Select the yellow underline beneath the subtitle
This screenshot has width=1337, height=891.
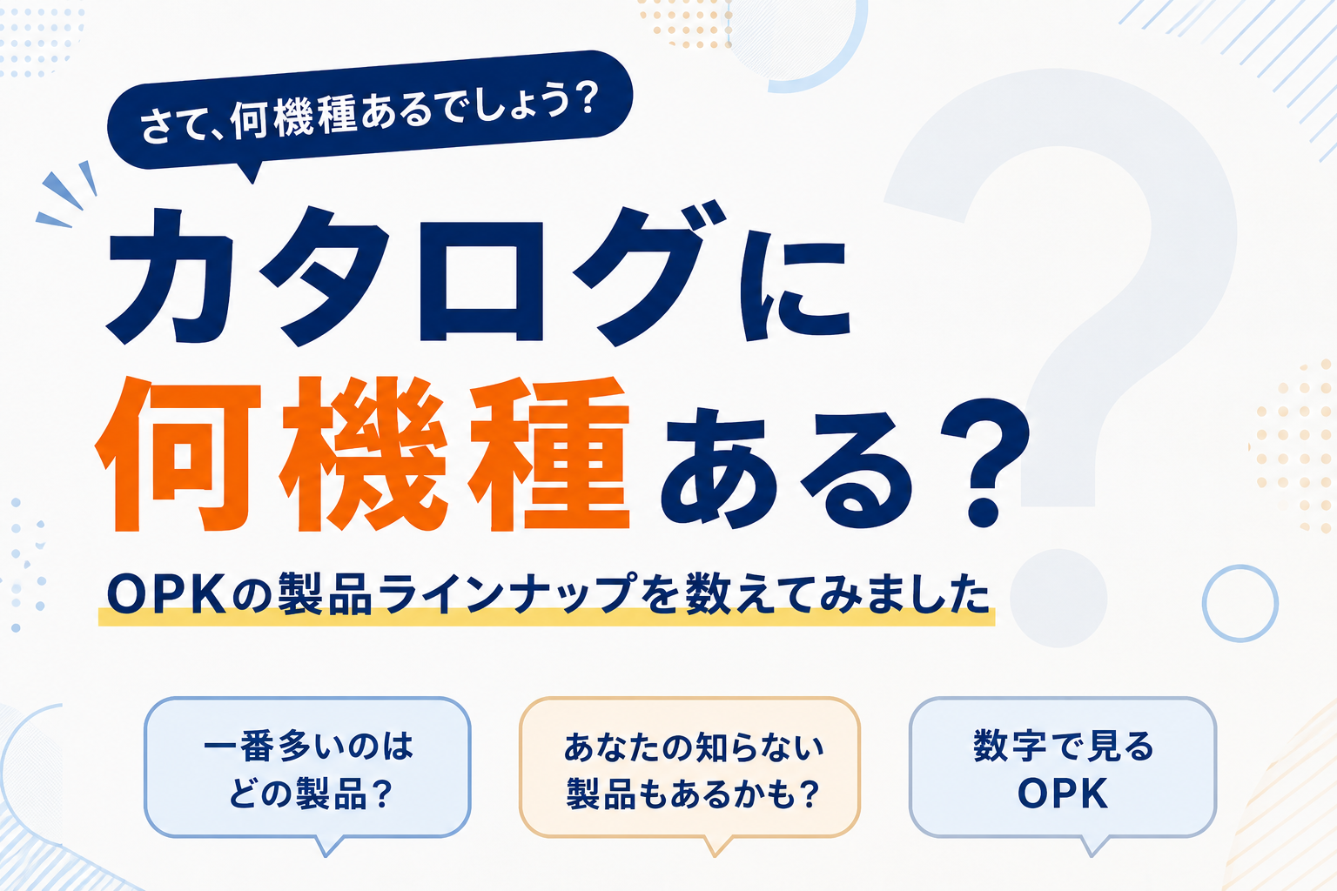coord(546,617)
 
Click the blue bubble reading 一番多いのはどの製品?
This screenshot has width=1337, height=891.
coord(307,770)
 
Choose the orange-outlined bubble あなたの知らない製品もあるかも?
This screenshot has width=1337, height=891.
coord(689,770)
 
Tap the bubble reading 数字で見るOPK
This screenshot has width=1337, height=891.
coord(1063,770)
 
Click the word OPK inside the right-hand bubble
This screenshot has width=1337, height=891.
coord(1063,794)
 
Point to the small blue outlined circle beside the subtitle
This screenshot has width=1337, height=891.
coord(1240,566)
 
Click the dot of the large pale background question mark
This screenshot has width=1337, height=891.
coord(1058,598)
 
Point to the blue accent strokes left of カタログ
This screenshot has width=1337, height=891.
coord(67,194)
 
